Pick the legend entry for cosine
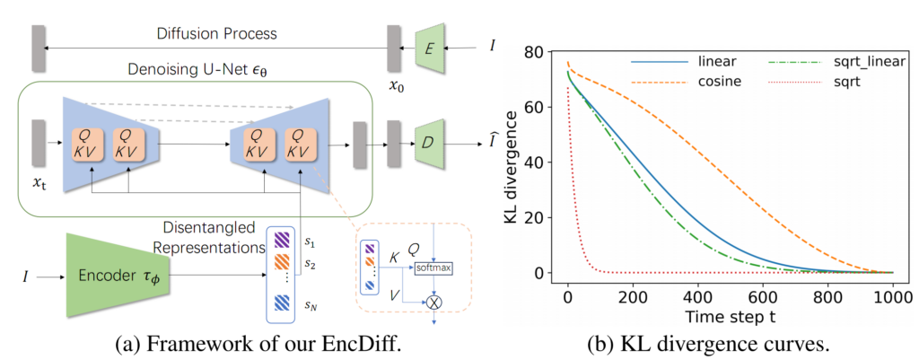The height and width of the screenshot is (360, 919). pyautogui.click(x=720, y=82)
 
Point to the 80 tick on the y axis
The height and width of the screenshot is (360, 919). pyautogui.click(x=538, y=51)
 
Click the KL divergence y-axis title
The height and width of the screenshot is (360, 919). pyautogui.click(x=512, y=162)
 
